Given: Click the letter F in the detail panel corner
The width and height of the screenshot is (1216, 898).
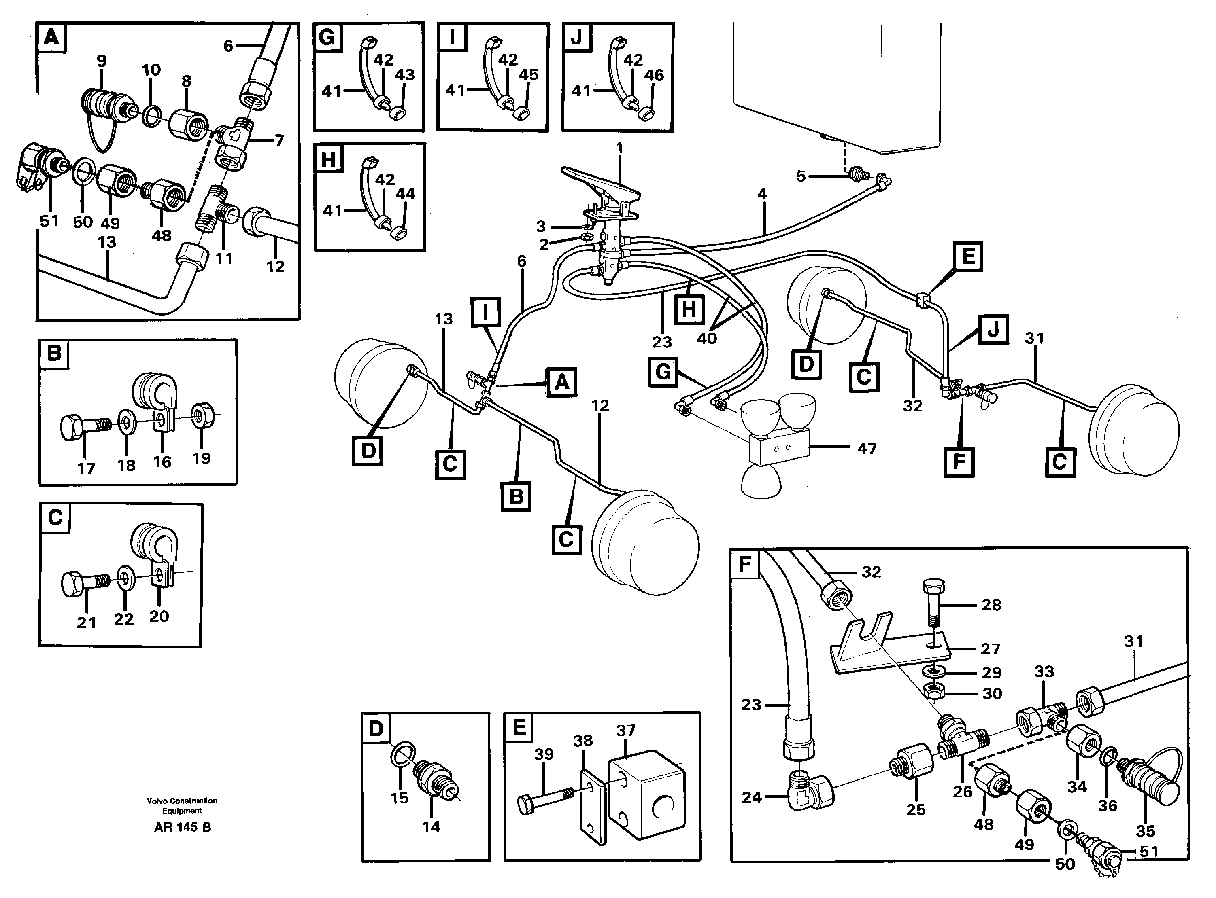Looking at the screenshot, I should click(744, 565).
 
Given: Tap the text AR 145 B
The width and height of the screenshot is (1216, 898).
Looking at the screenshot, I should click(182, 827).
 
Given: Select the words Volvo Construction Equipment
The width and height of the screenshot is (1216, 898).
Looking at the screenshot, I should click(182, 806).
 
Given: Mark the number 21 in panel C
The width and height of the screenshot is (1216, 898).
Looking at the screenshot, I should click(86, 623).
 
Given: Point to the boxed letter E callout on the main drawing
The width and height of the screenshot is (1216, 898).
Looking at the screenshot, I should click(968, 256).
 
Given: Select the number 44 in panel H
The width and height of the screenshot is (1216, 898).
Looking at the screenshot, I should click(405, 194).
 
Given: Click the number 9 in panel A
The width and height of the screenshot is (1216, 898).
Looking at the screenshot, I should click(102, 61).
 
